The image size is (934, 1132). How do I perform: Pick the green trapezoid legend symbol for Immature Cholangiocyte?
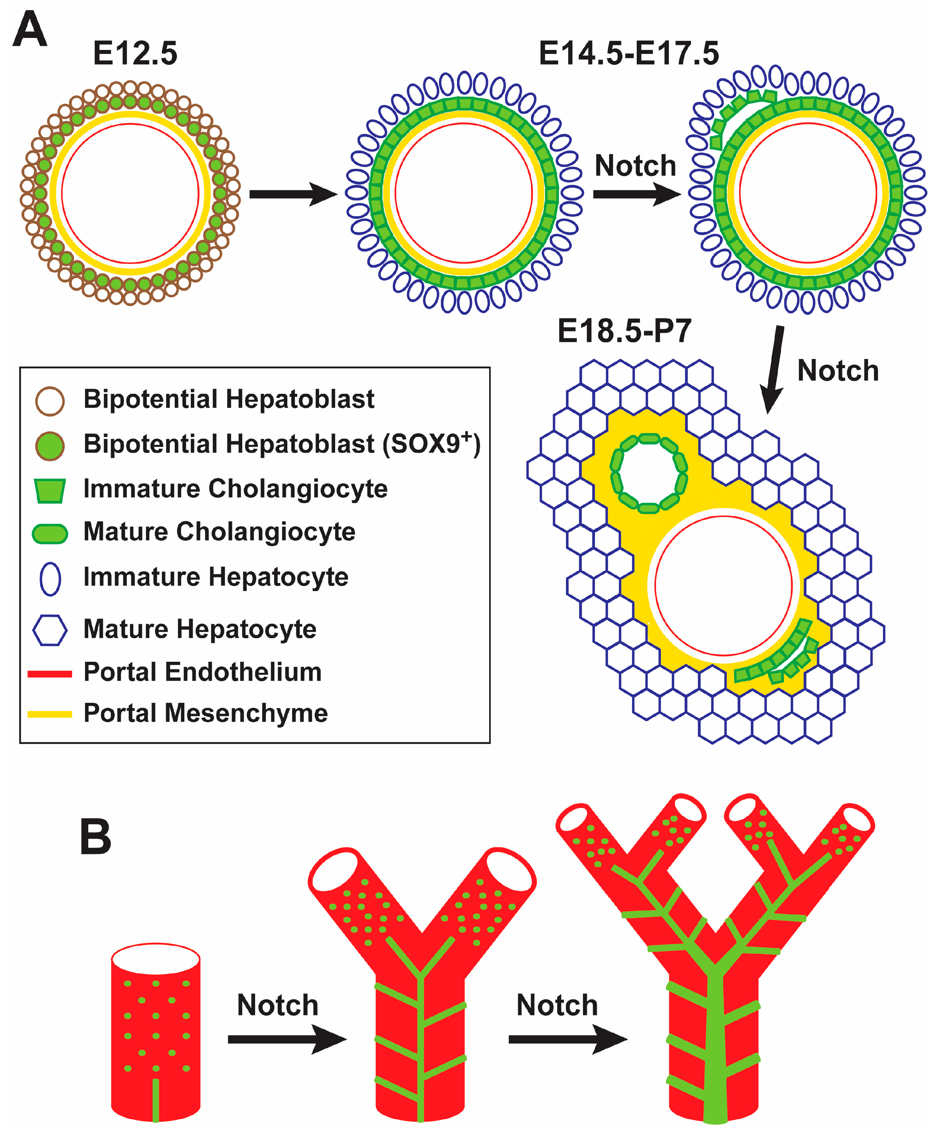[x=50, y=490]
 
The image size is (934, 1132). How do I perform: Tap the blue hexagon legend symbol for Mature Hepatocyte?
[x=50, y=630]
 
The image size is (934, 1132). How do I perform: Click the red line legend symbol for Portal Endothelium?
[x=50, y=674]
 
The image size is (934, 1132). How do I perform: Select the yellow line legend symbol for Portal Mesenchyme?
[x=50, y=714]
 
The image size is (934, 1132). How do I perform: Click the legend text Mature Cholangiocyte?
[x=219, y=532]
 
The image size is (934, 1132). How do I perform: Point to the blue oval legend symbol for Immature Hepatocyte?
[x=50, y=579]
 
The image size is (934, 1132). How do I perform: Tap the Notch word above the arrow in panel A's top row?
[x=635, y=166]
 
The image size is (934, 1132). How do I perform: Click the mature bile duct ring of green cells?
[x=649, y=473]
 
